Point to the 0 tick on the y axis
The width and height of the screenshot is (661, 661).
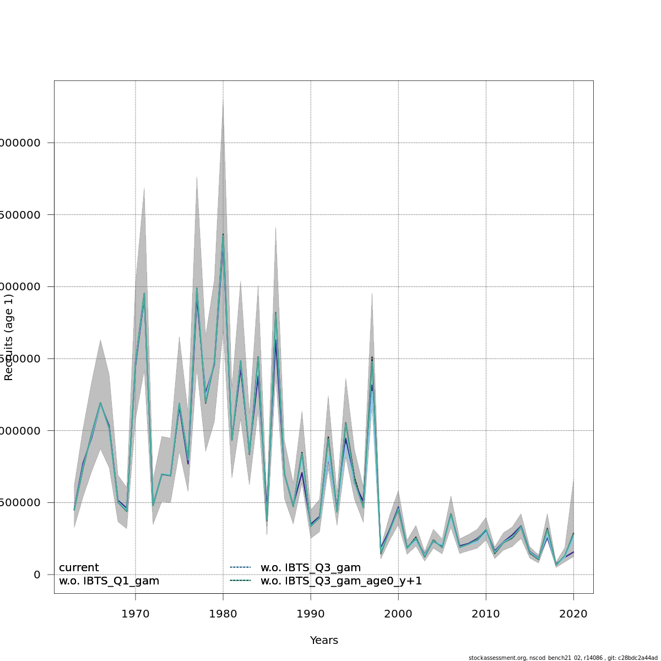point(37,575)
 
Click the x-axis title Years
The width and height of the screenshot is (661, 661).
point(324,641)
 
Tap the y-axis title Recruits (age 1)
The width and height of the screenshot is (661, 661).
point(9,337)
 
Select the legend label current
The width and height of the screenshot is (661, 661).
point(79,568)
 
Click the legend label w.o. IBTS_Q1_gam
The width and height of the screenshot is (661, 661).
point(109,581)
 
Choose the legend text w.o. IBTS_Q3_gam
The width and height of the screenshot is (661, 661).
point(311,568)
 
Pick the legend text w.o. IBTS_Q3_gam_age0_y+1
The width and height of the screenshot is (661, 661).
point(341,581)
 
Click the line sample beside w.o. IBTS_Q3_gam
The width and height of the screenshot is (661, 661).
point(240,567)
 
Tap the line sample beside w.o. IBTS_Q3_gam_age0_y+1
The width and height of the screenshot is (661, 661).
point(240,581)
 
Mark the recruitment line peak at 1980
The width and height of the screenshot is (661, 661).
point(223,235)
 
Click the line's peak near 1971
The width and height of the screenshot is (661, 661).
point(144,293)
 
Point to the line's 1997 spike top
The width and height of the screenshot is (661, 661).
point(372,358)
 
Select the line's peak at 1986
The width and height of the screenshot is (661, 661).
point(275,313)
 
